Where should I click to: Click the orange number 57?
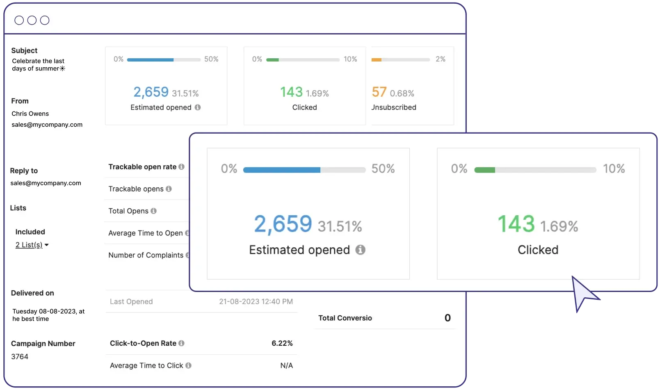379,92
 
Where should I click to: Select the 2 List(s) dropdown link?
29,245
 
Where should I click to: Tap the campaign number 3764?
20,356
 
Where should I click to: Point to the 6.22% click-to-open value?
282,343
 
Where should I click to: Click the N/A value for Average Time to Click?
286,365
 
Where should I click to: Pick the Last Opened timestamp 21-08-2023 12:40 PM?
256,301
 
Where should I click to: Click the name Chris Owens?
30,114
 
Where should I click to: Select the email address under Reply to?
46,183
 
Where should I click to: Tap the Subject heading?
24,50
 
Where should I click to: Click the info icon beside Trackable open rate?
181,167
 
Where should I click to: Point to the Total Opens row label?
128,211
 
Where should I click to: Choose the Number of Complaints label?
146,255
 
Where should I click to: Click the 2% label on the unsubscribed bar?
440,59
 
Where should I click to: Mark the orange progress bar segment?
376,60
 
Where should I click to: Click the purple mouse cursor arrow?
582,293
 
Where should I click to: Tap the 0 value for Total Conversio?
448,318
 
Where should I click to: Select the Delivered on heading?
32,293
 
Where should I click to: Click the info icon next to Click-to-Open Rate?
181,343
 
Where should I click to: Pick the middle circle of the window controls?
32,20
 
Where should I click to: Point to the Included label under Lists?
30,232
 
